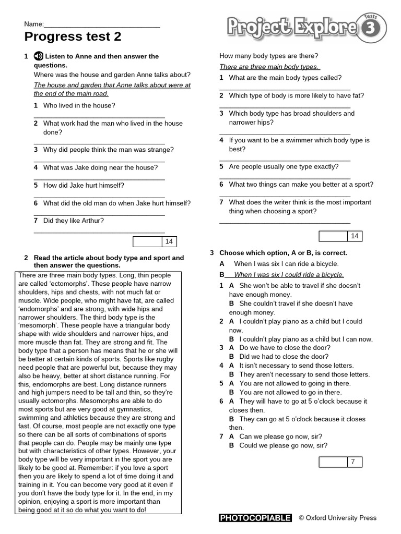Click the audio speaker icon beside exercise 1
[x=38, y=56]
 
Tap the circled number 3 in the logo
[x=371, y=30]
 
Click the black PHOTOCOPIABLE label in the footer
[x=255, y=518]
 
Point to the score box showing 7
[x=340, y=462]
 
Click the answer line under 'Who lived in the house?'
[x=99, y=117]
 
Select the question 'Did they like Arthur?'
[x=73, y=221]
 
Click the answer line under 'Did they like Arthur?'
[x=99, y=232]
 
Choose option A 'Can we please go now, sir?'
[x=280, y=436]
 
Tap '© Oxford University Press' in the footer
[x=337, y=518]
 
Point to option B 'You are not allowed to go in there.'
[x=290, y=392]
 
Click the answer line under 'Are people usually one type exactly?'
[x=285, y=178]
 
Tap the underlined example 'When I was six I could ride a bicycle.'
[x=289, y=274]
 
